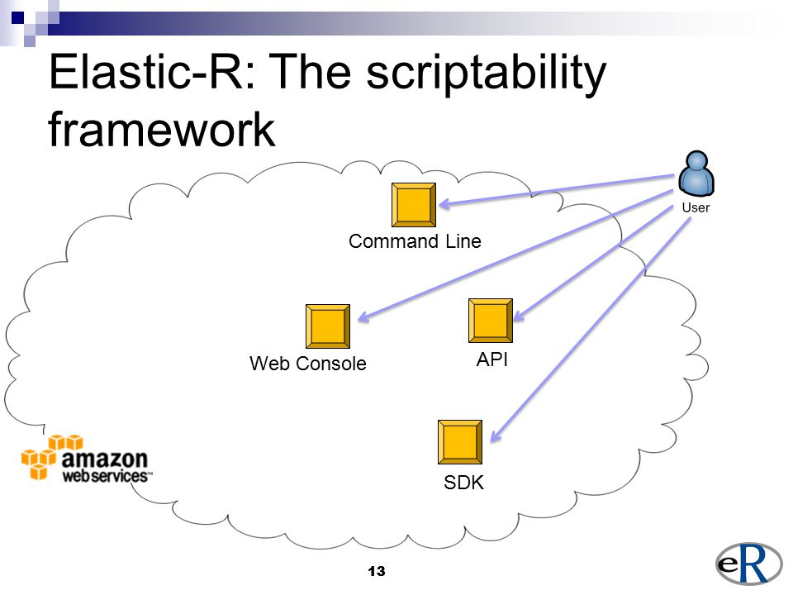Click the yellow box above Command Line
(414, 205)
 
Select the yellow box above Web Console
(328, 326)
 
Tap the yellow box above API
(491, 321)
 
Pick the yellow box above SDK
(460, 442)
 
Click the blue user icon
(696, 174)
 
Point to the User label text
(696, 207)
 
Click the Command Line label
(415, 241)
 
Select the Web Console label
(307, 364)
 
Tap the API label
(492, 359)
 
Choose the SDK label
(463, 482)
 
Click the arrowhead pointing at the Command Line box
(445, 204)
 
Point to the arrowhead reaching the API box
(520, 315)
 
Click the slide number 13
(377, 571)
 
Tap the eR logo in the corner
(748, 564)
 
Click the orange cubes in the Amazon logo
(50, 456)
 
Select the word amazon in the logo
(104, 459)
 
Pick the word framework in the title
(162, 129)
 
